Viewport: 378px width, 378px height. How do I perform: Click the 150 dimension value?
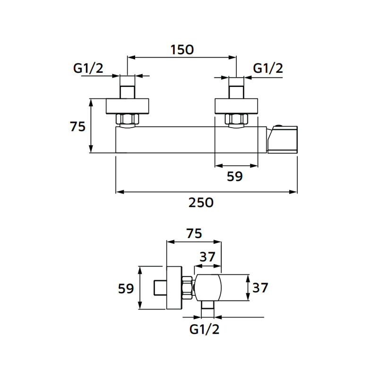pyautogui.click(x=182, y=50)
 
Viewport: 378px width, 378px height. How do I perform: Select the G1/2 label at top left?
pyautogui.click(x=88, y=68)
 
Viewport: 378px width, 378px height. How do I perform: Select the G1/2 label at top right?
pyautogui.click(x=268, y=68)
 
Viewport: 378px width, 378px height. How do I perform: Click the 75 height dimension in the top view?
pyautogui.click(x=77, y=127)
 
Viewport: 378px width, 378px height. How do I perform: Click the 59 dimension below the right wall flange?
pyautogui.click(x=234, y=177)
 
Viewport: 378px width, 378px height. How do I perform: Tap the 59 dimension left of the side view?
pyautogui.click(x=126, y=288)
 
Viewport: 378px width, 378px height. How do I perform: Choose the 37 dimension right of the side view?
pyautogui.click(x=261, y=287)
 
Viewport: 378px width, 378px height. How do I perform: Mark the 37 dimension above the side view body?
pyautogui.click(x=207, y=258)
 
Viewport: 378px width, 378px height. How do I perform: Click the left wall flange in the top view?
pyautogui.click(x=128, y=106)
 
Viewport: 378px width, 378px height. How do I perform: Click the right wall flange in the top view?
pyautogui.click(x=236, y=106)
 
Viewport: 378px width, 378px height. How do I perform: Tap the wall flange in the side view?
pyautogui.click(x=174, y=288)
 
